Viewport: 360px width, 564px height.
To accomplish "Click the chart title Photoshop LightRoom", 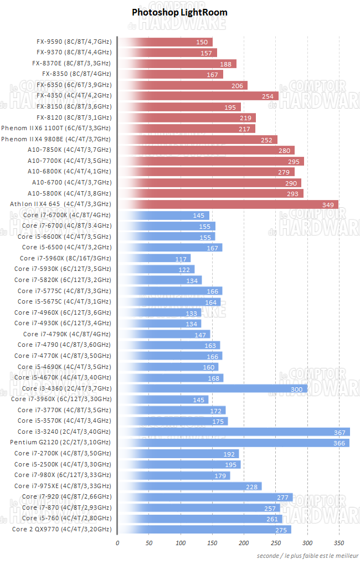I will (179, 12).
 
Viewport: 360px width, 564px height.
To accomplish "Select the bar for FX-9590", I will (166, 42).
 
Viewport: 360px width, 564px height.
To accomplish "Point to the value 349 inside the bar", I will (328, 205).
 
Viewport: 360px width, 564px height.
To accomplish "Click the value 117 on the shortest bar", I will (181, 259).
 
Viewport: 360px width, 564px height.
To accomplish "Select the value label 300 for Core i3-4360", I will (297, 388).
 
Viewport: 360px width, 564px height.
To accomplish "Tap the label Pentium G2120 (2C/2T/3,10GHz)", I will (60, 443).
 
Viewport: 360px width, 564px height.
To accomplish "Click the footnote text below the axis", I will (307, 556).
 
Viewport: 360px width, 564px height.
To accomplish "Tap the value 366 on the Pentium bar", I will (340, 443).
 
